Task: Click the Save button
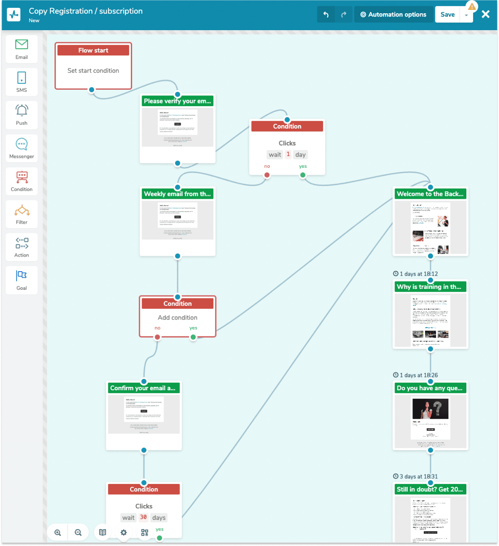[447, 14]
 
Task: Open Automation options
[393, 14]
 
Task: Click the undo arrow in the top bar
[326, 15]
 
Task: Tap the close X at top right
[485, 14]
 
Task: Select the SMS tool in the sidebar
[21, 82]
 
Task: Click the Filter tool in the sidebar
[21, 214]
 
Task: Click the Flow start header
[93, 50]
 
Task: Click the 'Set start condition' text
[93, 71]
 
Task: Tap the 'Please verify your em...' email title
[177, 101]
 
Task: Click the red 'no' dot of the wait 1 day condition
[267, 175]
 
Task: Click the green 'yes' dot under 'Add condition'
[193, 337]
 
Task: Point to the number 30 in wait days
[143, 517]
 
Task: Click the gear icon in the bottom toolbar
[123, 532]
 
